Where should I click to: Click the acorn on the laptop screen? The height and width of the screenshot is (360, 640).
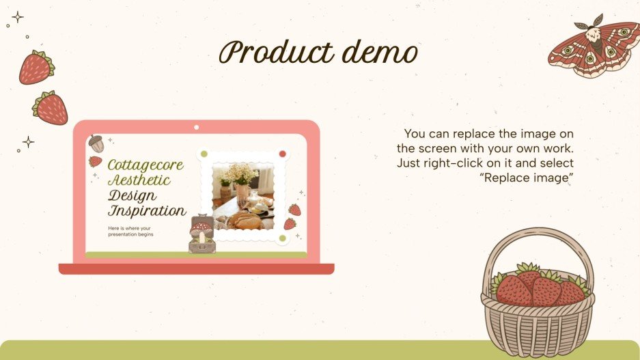pyautogui.click(x=96, y=143)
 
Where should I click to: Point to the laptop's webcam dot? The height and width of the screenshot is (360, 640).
pyautogui.click(x=196, y=127)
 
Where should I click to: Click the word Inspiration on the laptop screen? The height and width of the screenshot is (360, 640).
pyautogui.click(x=146, y=210)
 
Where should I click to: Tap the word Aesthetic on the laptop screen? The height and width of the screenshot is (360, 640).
pyautogui.click(x=139, y=180)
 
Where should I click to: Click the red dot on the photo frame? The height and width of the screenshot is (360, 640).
pyautogui.click(x=282, y=154)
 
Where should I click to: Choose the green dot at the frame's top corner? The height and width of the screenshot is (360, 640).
pyautogui.click(x=203, y=154)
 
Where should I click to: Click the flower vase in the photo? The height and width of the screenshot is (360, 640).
pyautogui.click(x=240, y=179)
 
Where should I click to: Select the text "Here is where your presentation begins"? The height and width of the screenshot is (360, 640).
pyautogui.click(x=130, y=231)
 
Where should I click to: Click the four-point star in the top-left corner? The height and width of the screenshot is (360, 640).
pyautogui.click(x=18, y=17)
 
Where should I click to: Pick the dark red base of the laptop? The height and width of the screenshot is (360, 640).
pyautogui.click(x=196, y=268)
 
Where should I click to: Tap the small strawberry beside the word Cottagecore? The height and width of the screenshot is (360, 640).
pyautogui.click(x=96, y=161)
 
